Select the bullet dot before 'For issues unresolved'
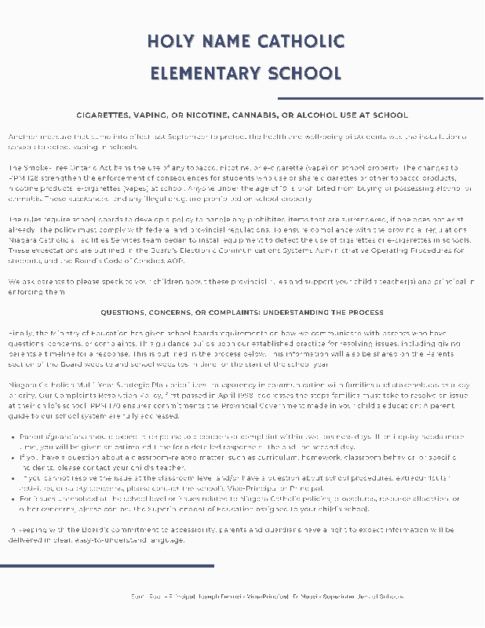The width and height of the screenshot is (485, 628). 14,498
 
